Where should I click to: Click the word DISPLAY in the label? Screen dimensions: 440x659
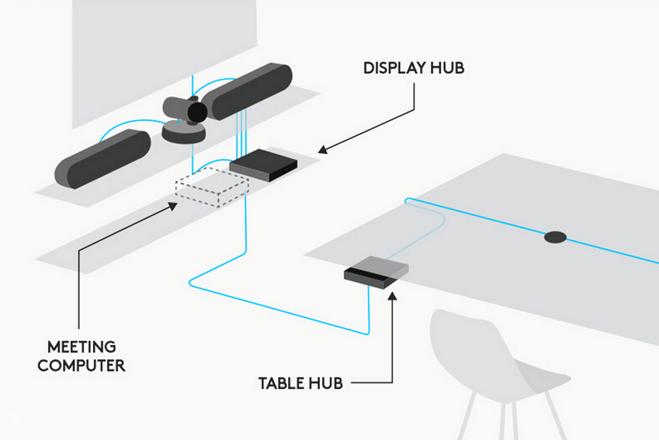(x=394, y=68)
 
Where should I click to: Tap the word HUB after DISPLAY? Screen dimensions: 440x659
(x=447, y=68)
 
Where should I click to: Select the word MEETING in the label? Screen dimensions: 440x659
(x=82, y=347)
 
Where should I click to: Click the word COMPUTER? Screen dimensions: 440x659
(x=82, y=366)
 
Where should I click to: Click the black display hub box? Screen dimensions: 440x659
(x=263, y=165)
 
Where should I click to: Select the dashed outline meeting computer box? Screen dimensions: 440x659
(x=212, y=187)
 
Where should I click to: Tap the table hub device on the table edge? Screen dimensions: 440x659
(x=376, y=272)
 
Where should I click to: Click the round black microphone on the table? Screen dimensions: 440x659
(x=555, y=237)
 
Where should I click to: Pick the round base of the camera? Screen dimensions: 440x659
(x=183, y=133)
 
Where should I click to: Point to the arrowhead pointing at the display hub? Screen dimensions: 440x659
(x=322, y=150)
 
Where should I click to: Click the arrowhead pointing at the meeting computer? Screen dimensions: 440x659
(x=173, y=205)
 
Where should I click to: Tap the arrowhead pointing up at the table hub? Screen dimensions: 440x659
(x=393, y=296)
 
